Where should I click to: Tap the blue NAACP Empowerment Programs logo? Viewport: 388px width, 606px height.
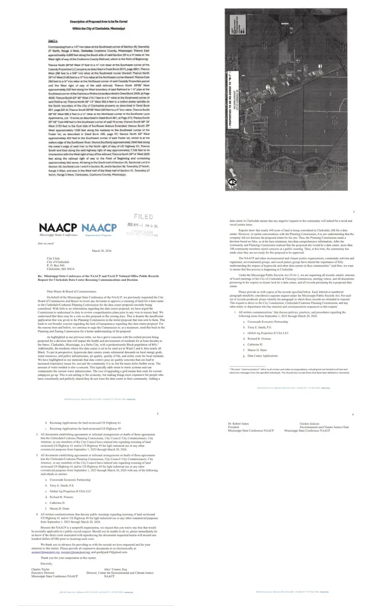point(99,228)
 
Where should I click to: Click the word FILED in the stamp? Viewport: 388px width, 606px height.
point(143,216)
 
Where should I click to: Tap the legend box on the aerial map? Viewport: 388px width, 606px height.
point(236,28)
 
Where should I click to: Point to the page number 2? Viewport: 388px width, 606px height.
point(353,212)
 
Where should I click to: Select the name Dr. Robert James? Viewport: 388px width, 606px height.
point(238,423)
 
